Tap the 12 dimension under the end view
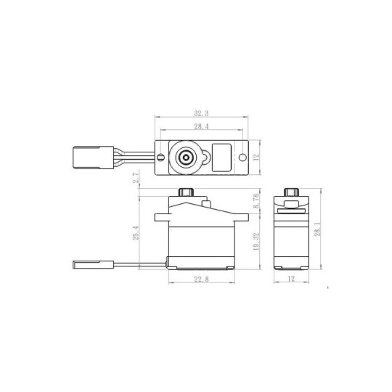[x=290, y=279]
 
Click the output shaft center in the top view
[x=186, y=156]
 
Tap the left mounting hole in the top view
[x=159, y=156]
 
